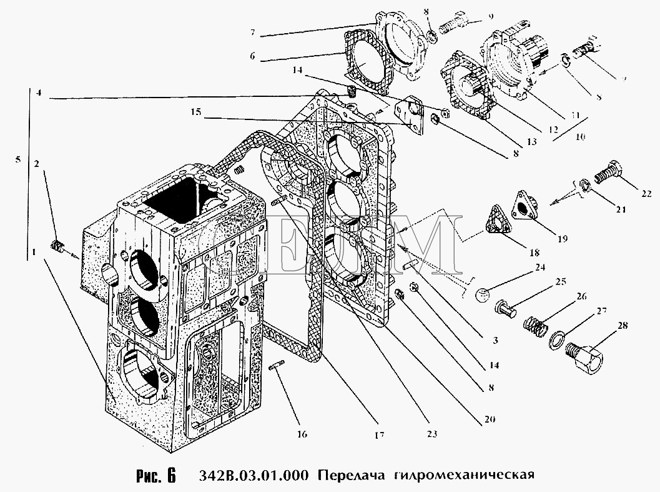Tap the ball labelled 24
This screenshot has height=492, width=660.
click(x=481, y=295)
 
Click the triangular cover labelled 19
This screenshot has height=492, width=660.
click(x=525, y=206)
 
